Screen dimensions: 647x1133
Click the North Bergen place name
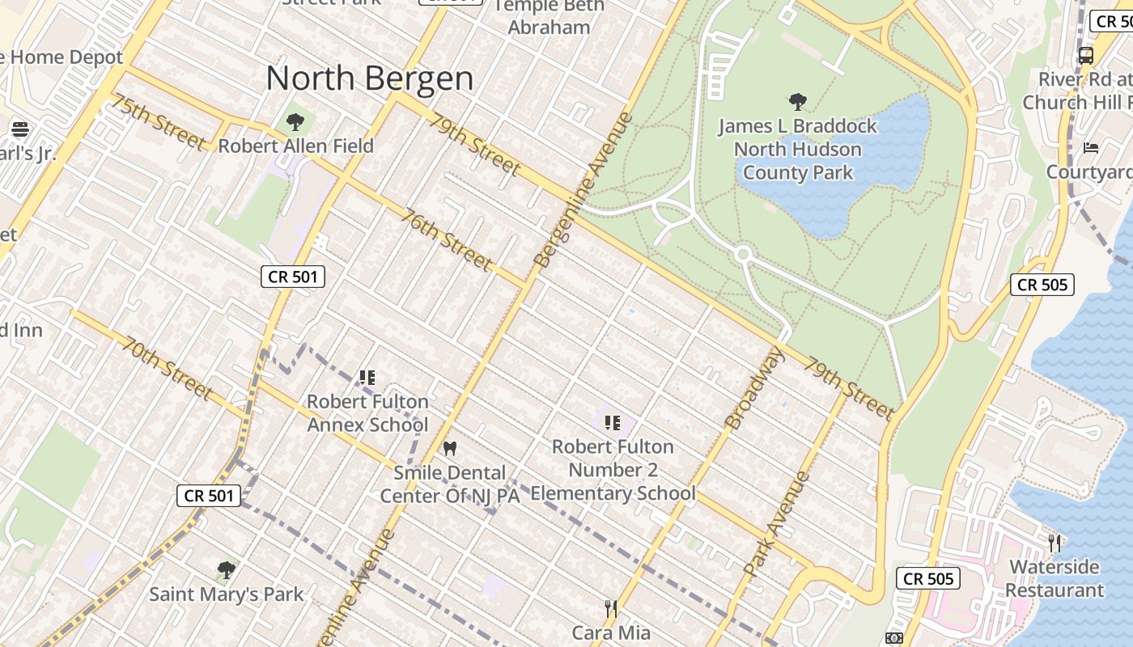tap(370, 78)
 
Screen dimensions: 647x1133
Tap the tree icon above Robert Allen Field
tap(295, 122)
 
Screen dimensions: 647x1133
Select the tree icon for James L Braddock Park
tap(798, 102)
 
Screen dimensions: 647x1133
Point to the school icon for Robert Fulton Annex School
tap(367, 378)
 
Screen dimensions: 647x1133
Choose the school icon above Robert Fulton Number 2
tap(613, 422)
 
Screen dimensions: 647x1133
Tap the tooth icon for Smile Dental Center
tap(450, 448)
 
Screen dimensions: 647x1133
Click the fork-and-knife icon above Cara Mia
tap(611, 608)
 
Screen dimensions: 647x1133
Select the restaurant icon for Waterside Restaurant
tap(1054, 543)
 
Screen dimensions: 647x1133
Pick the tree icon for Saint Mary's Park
tap(227, 570)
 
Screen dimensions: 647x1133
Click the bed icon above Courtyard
tap(1091, 148)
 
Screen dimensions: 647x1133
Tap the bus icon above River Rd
tap(1086, 56)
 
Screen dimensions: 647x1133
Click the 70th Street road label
tap(168, 368)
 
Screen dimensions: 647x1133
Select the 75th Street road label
tap(159, 122)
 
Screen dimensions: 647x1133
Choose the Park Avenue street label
tap(777, 523)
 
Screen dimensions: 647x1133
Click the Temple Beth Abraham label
tap(549, 16)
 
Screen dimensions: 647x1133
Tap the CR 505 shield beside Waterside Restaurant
tap(928, 578)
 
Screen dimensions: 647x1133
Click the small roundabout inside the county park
tap(743, 255)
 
